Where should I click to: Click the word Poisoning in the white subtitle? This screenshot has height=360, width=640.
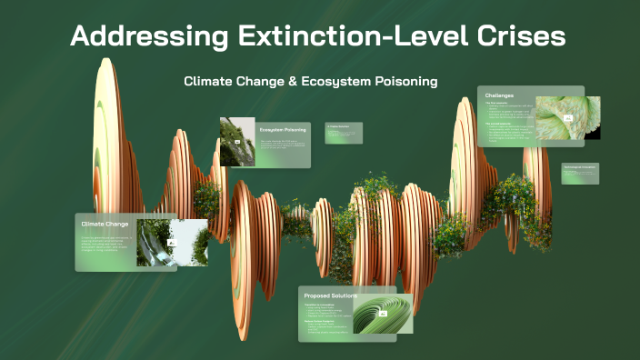click(406, 81)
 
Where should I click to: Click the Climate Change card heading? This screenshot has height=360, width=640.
click(105, 224)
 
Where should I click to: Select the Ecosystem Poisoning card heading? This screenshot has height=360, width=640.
click(283, 130)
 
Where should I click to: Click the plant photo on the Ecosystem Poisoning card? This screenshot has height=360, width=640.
click(237, 142)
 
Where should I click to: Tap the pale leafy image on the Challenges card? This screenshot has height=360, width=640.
click(567, 117)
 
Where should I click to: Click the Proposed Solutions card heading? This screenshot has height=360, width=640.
click(330, 296)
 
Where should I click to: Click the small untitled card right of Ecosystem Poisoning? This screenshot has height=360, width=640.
click(344, 133)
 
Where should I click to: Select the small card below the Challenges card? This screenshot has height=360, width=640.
click(580, 173)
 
